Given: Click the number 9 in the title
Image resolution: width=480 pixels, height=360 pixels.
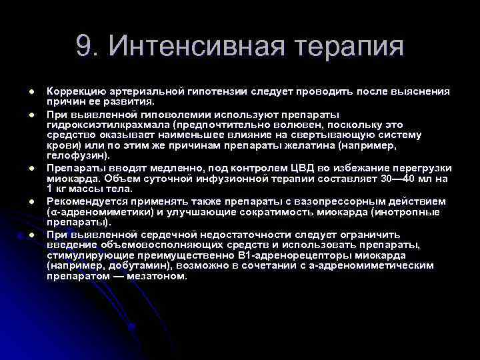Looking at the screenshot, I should click(84, 47).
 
